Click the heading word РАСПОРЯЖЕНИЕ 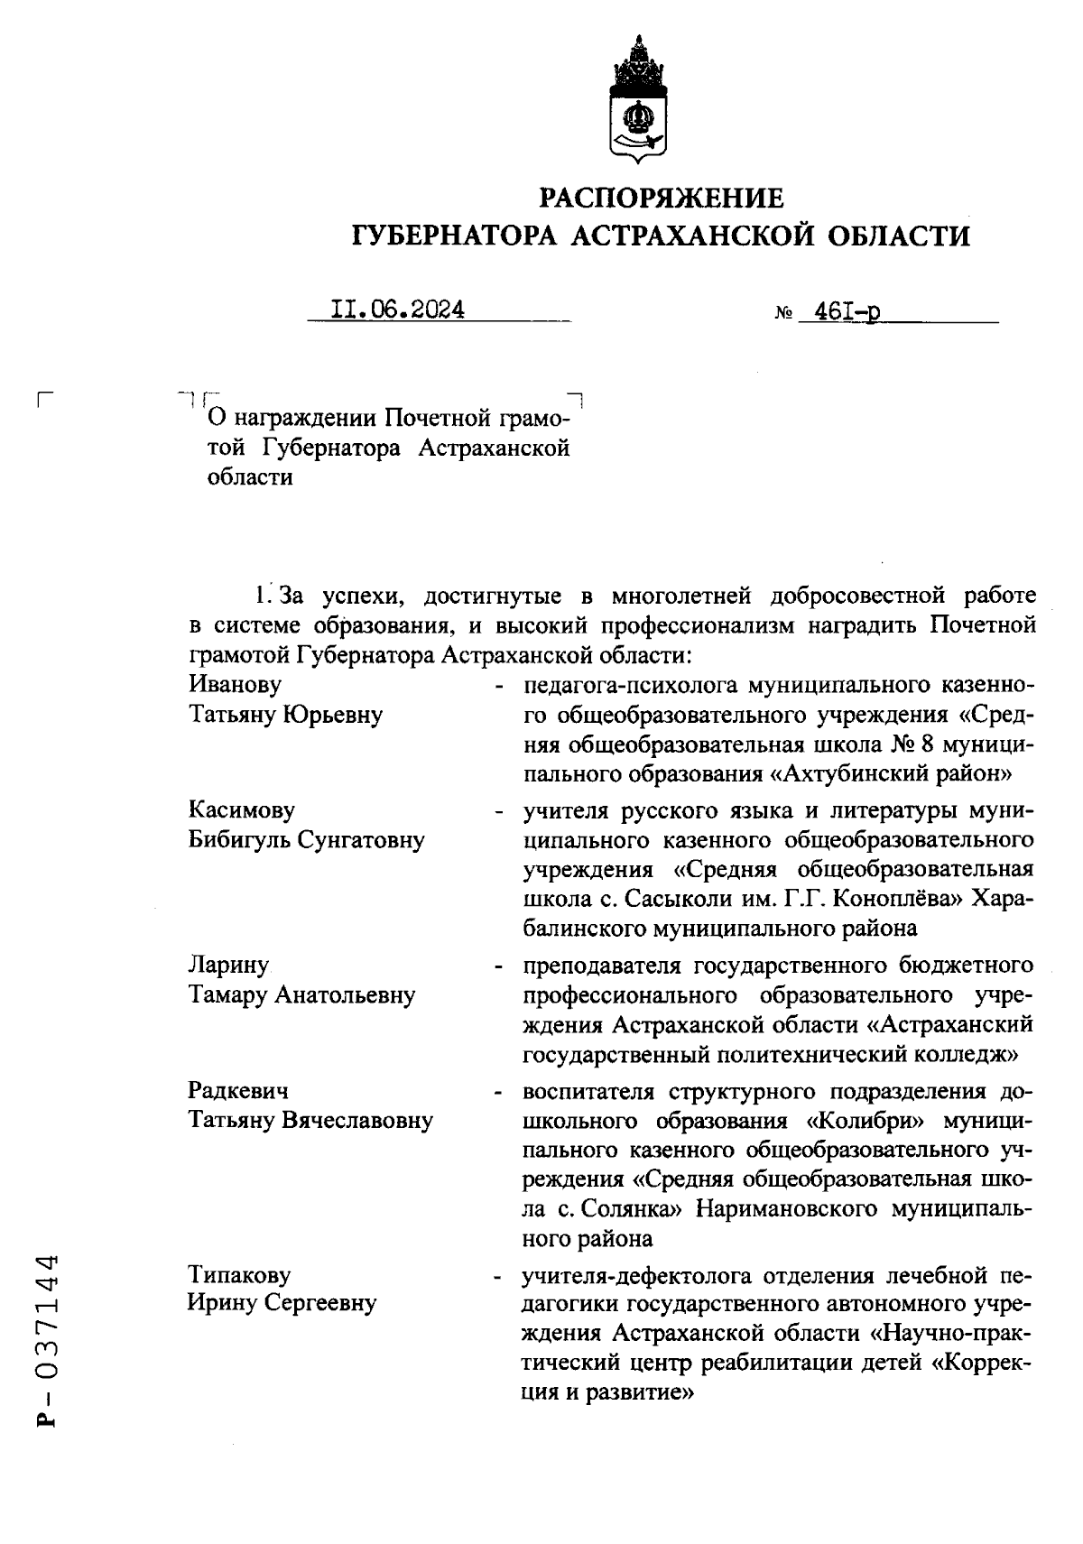click(661, 198)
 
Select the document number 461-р click(847, 311)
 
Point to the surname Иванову click(235, 685)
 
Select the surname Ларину click(229, 965)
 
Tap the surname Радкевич click(238, 1090)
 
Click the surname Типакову click(239, 1274)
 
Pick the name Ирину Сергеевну click(282, 1303)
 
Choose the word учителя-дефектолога click(636, 1275)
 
